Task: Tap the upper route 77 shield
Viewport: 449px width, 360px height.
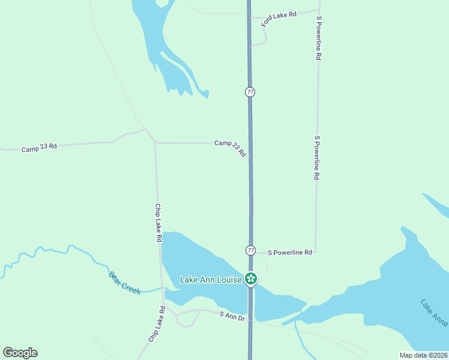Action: click(x=250, y=92)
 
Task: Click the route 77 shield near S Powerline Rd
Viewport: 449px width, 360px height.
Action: click(x=250, y=250)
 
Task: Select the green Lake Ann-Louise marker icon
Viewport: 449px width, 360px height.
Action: click(x=251, y=279)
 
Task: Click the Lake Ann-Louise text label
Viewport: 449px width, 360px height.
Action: click(x=211, y=280)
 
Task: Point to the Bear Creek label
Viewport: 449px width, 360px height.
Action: click(x=125, y=283)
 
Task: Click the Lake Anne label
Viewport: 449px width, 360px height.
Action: click(x=433, y=313)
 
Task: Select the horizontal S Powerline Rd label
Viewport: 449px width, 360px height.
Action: click(x=290, y=253)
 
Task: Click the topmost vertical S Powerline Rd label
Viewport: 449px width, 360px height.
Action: click(x=319, y=37)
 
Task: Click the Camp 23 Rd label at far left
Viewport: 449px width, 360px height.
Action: click(x=39, y=147)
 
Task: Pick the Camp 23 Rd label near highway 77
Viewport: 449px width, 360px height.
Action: click(x=231, y=148)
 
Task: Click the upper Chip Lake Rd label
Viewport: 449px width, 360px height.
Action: click(x=158, y=223)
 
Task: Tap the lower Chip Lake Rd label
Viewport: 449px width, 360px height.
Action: click(x=157, y=325)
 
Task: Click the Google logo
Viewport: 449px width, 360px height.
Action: click(x=20, y=353)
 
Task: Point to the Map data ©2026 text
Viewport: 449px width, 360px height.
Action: click(x=423, y=355)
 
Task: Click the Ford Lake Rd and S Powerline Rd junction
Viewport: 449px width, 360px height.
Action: click(x=318, y=10)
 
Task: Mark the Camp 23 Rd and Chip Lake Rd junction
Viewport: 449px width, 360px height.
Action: click(x=155, y=143)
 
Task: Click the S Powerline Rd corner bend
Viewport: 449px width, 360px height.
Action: click(x=316, y=253)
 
